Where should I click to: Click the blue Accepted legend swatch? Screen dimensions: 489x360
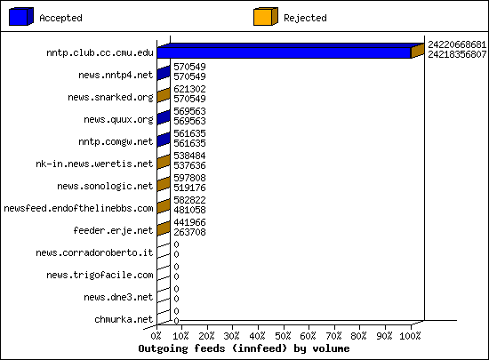click(x=21, y=17)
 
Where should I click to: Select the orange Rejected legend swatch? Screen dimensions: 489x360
click(x=266, y=17)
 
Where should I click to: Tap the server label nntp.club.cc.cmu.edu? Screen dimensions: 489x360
click(x=100, y=52)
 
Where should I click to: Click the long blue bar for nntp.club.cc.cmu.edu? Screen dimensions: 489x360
click(x=284, y=52)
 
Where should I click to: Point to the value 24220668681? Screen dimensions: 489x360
click(x=457, y=44)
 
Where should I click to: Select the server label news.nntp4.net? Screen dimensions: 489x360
click(x=116, y=76)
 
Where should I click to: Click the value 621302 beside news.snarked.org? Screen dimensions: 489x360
click(x=189, y=89)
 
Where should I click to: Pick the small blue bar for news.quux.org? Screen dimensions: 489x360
click(x=164, y=117)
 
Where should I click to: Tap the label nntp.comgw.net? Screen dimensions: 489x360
click(x=116, y=142)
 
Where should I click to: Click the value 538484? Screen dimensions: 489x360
click(x=189, y=156)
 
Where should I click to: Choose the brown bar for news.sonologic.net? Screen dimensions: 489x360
click(x=164, y=184)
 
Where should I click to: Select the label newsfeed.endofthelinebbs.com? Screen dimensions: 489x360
click(x=78, y=208)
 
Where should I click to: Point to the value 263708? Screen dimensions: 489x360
click(x=189, y=232)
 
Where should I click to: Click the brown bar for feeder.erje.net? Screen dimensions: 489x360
click(x=164, y=228)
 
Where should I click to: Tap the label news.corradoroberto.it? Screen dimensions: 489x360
click(x=94, y=252)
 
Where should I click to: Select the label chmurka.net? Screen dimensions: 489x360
click(x=124, y=319)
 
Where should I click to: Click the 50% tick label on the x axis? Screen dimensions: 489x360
click(x=283, y=336)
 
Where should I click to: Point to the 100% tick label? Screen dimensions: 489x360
click(x=410, y=336)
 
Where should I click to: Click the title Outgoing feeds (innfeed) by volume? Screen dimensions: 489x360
click(x=244, y=348)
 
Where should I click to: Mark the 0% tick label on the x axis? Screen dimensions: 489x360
click(x=156, y=336)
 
